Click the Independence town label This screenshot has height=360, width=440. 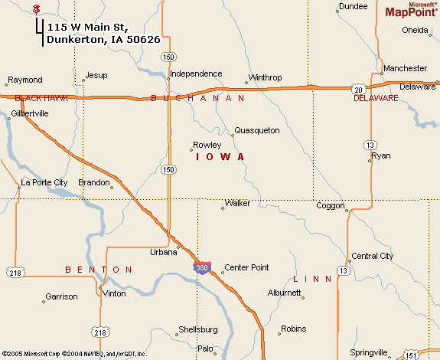[x=195, y=74]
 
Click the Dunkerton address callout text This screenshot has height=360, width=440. [x=103, y=33]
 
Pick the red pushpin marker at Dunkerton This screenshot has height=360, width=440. [x=36, y=8]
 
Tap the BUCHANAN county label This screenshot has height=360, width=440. [x=198, y=98]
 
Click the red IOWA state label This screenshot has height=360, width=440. [x=220, y=156]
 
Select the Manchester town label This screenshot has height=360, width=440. [x=405, y=68]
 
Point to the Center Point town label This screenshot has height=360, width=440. [x=246, y=267]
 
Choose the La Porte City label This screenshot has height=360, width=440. [x=44, y=182]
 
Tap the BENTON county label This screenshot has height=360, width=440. [x=99, y=270]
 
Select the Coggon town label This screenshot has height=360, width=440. [x=331, y=205]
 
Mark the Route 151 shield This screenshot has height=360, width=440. [x=412, y=355]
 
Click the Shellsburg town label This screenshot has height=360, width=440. [x=197, y=329]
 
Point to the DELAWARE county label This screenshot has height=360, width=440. [x=376, y=99]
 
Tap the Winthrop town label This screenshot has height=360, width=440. [x=265, y=78]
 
